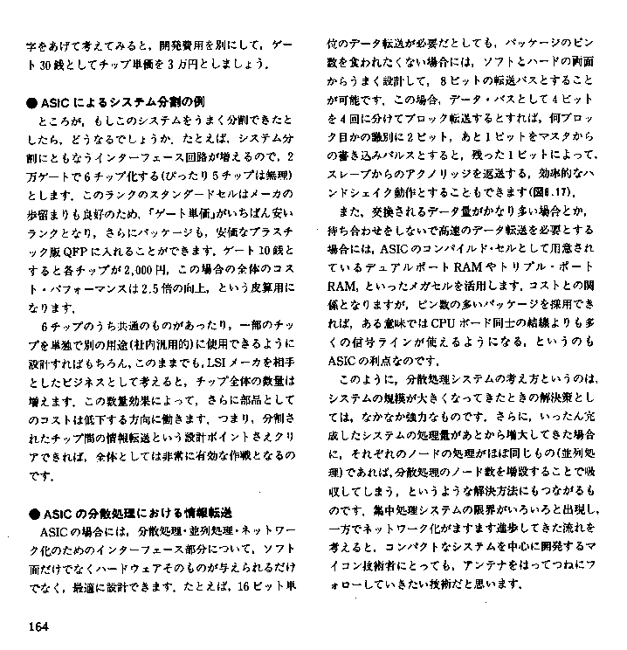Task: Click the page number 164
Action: [38, 625]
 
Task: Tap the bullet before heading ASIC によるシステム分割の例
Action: [31, 100]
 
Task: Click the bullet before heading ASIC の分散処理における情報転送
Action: [31, 512]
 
